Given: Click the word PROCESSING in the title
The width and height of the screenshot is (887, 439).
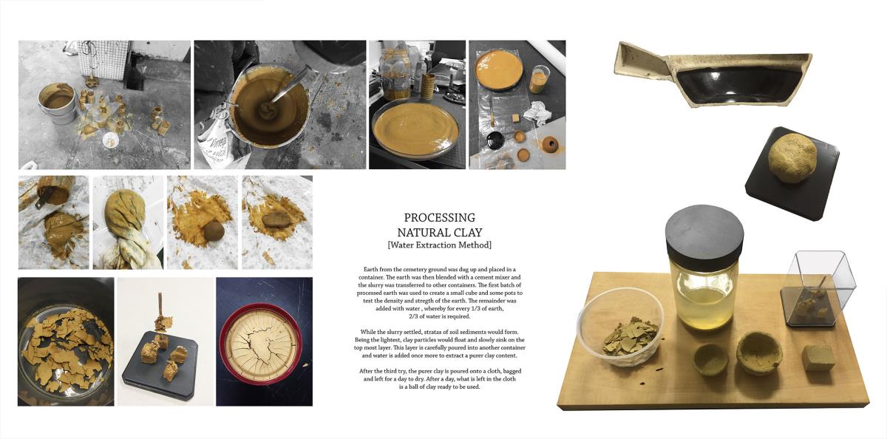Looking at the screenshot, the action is [x=440, y=217].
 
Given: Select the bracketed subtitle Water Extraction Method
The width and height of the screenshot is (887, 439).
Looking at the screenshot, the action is [x=440, y=245].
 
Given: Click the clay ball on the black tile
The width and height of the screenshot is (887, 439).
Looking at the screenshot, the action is [x=792, y=157].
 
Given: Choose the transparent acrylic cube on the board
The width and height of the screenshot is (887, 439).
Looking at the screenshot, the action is [x=818, y=288].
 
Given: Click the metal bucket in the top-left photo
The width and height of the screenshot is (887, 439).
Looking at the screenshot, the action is [x=57, y=103].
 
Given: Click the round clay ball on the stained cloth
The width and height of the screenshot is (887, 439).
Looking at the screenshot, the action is [x=214, y=231].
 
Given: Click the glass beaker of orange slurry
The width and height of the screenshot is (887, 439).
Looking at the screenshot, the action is [x=538, y=80].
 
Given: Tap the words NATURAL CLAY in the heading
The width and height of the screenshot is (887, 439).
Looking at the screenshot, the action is [x=440, y=232].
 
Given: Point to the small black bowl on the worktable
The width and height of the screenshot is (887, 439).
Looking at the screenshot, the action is [x=495, y=140].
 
